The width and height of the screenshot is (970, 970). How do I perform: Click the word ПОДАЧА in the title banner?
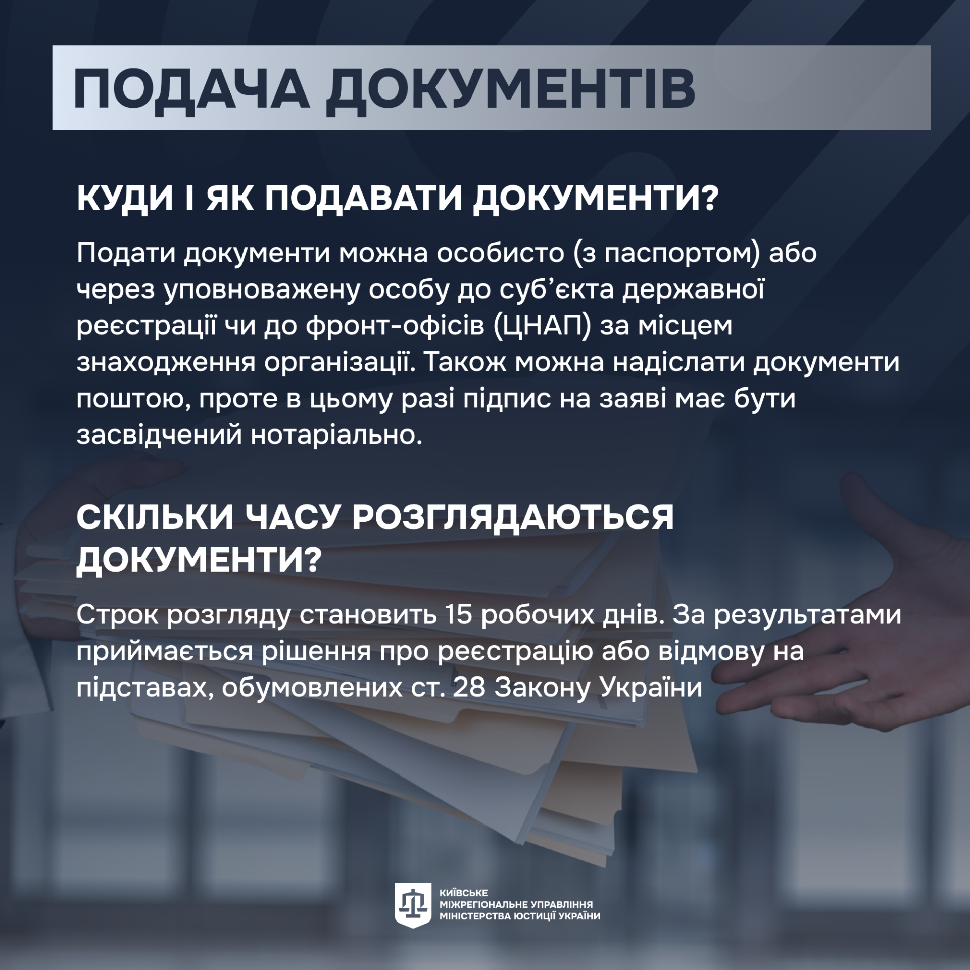tap(191, 87)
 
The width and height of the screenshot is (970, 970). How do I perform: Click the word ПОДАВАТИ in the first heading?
tap(364, 199)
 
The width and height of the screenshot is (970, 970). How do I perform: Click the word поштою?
tap(133, 399)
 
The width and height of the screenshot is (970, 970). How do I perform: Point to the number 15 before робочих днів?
tap(459, 615)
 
